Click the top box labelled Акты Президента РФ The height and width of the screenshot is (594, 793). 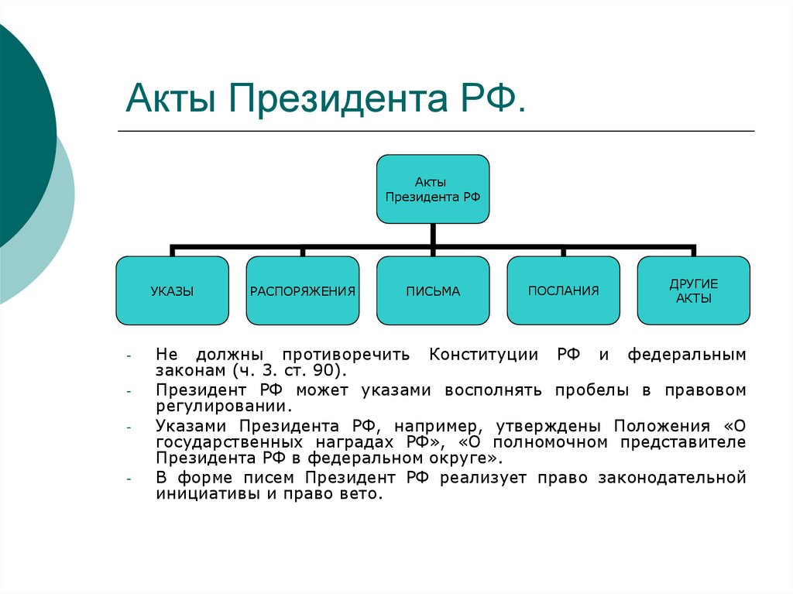433,189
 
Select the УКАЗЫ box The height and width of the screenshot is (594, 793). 172,291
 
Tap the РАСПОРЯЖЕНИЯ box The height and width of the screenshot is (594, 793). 303,291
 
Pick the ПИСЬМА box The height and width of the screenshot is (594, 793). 433,291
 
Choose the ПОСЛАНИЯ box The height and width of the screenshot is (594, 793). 563,291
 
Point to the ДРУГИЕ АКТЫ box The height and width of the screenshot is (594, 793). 693,291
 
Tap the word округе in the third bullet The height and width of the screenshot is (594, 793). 451,458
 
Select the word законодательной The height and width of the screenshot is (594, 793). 671,478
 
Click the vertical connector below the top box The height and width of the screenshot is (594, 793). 434,235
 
